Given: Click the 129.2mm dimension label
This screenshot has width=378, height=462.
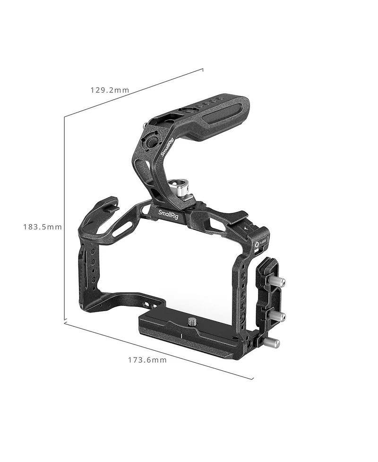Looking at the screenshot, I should pyautogui.click(x=110, y=90).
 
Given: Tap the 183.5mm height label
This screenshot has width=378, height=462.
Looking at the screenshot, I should pyautogui.click(x=43, y=227).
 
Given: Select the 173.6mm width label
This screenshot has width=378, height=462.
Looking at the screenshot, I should pyautogui.click(x=147, y=360).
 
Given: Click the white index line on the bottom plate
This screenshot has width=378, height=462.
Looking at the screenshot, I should pyautogui.click(x=180, y=336).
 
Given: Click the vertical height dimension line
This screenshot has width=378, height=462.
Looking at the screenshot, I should pyautogui.click(x=64, y=218).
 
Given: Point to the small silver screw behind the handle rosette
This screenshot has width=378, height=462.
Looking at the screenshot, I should pyautogui.click(x=144, y=126).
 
